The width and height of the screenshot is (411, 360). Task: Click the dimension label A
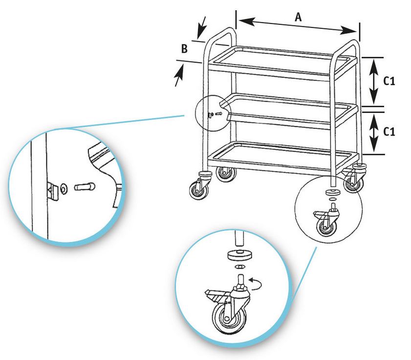pyautogui.click(x=298, y=17)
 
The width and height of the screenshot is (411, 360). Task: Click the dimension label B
pyautogui.click(x=184, y=48)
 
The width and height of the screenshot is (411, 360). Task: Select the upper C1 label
pyautogui.click(x=389, y=81)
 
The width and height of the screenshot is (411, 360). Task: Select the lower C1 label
pyautogui.click(x=389, y=132)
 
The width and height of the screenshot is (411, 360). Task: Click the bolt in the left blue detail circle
pyautogui.click(x=85, y=187)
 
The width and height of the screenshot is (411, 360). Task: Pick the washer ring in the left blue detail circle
pyautogui.click(x=64, y=188)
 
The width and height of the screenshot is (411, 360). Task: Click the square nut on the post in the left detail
pyautogui.click(x=53, y=191)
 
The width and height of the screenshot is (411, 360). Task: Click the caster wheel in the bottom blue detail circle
pyautogui.click(x=229, y=318)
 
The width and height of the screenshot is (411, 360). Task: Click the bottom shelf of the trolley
pyautogui.click(x=282, y=157)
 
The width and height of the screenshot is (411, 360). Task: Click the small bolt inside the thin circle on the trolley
pyautogui.click(x=218, y=114)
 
